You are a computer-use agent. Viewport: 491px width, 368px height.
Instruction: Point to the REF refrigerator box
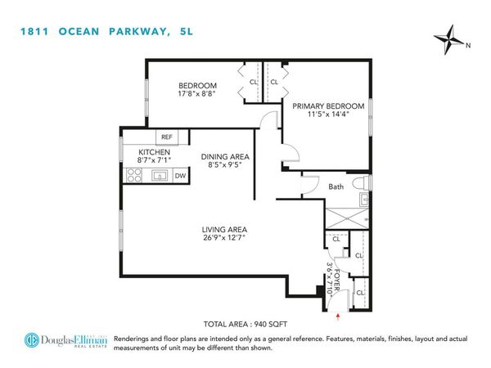[166, 137]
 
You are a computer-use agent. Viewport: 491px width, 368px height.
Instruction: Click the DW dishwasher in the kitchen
[180, 174]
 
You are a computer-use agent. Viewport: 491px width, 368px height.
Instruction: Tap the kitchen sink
[160, 174]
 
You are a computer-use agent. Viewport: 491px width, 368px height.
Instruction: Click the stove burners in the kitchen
[134, 174]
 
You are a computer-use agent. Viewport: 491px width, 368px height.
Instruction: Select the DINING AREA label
[226, 157]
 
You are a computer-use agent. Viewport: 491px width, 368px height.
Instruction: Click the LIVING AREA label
[226, 230]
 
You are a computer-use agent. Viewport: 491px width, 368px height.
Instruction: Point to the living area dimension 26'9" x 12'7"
[226, 240]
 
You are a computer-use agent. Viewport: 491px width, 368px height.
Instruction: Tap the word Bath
[336, 187]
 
